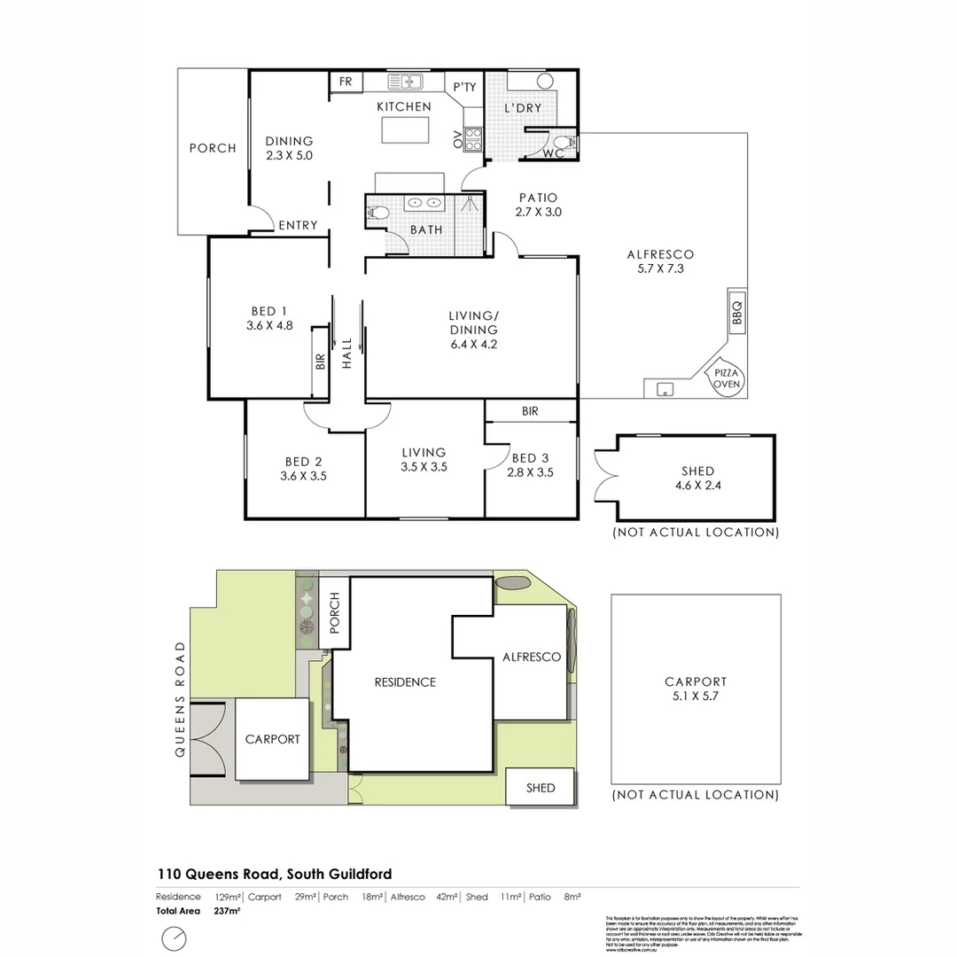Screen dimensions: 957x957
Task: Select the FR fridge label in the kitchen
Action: (346, 82)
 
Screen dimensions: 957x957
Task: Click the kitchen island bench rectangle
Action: (404, 130)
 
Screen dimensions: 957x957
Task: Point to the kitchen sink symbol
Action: (406, 82)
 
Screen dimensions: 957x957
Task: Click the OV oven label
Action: (458, 138)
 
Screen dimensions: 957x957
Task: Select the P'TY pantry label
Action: (464, 87)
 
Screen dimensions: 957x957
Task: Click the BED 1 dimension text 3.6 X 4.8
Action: (268, 324)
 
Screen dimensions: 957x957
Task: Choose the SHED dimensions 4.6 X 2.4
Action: (698, 485)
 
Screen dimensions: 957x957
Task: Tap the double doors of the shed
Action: (605, 478)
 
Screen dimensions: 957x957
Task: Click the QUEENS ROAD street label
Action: (181, 699)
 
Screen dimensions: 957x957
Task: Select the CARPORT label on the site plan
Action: (272, 739)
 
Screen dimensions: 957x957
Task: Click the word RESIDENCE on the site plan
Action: (405, 682)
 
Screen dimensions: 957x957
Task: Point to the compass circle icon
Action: (175, 938)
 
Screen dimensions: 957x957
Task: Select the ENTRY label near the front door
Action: (298, 226)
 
